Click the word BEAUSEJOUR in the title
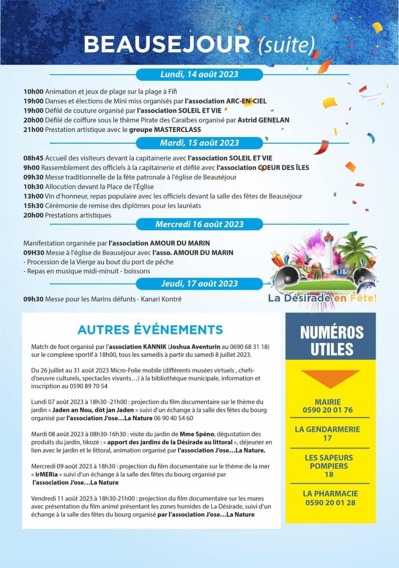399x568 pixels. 167,44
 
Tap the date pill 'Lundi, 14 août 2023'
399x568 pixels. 199,74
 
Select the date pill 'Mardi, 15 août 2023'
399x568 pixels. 199,143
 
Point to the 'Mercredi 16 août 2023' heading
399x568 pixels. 199,224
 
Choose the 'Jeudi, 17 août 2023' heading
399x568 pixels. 199,283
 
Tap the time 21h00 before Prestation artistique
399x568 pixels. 33,129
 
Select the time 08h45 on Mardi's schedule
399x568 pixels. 33,158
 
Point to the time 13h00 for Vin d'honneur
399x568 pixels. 33,196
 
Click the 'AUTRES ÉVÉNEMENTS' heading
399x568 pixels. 150,329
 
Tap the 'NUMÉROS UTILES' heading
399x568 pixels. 331,341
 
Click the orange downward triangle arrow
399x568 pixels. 331,378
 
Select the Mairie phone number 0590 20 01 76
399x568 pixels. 328,410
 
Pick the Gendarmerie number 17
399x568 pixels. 327,438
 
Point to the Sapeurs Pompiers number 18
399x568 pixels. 329,474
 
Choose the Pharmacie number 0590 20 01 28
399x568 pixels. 330,503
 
